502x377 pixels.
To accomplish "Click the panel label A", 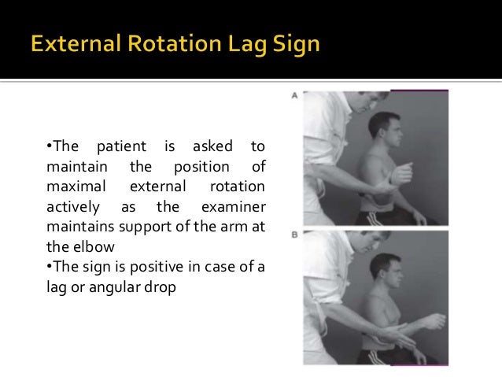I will click(x=294, y=96).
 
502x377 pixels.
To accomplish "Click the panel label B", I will click(x=294, y=234).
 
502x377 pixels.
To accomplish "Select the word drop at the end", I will click(x=157, y=288).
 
